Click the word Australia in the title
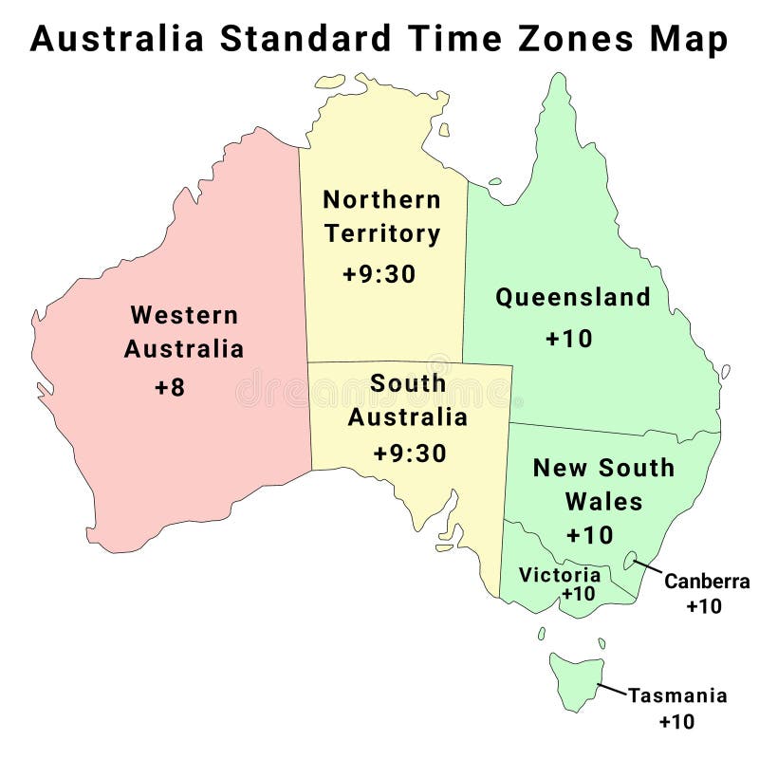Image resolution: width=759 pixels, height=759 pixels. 117,39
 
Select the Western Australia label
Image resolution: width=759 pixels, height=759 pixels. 183,331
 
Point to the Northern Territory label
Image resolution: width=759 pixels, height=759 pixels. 381,216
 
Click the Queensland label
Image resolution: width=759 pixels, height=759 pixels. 573,297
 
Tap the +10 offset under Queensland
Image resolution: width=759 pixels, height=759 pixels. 569,338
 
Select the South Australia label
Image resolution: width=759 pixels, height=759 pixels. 407,399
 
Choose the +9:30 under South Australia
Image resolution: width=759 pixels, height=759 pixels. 409,454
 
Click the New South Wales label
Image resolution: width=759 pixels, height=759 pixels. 603,484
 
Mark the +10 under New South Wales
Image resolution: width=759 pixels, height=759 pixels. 589,535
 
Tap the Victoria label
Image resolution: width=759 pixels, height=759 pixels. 560,575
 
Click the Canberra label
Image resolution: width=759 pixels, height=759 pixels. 707,582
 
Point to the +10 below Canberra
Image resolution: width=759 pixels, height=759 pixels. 704,606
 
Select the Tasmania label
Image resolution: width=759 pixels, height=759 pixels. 677,696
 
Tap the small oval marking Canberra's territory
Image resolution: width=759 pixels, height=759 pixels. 630,560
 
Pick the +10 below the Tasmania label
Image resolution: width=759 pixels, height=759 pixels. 676,721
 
